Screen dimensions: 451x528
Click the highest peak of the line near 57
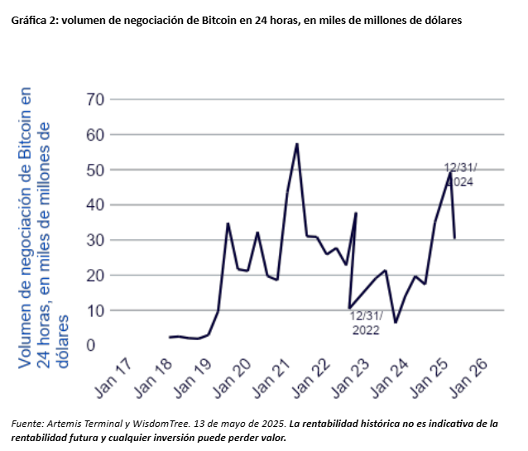pyautogui.click(x=296, y=144)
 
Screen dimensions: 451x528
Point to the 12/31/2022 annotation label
pyautogui.click(x=364, y=323)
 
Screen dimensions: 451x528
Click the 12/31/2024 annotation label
pyautogui.click(x=459, y=175)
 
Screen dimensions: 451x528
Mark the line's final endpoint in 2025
pyautogui.click(x=454, y=238)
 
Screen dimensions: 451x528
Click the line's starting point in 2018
pyautogui.click(x=169, y=338)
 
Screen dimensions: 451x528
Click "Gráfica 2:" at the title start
pyautogui.click(x=33, y=20)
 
